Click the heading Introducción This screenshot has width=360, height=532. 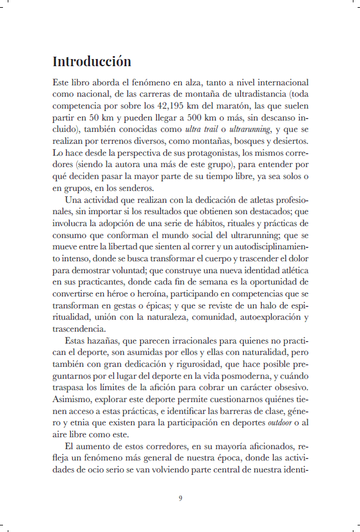pyautogui.click(x=92, y=61)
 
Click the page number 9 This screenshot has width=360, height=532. pyautogui.click(x=180, y=498)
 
